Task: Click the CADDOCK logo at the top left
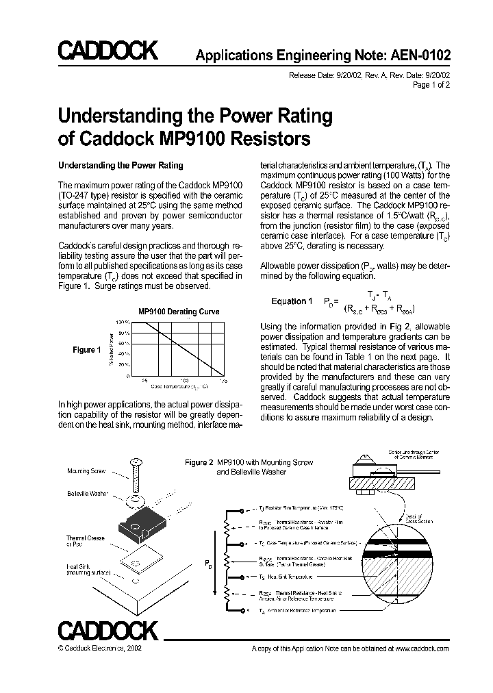pyautogui.click(x=107, y=51)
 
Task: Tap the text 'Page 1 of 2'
pyautogui.click(x=431, y=86)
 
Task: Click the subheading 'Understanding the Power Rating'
pyautogui.click(x=121, y=165)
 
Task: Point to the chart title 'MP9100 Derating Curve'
pyautogui.click(x=179, y=312)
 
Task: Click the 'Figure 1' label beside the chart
pyautogui.click(x=87, y=350)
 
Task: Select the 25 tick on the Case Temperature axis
pyautogui.click(x=144, y=379)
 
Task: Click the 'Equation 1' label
pyautogui.click(x=292, y=301)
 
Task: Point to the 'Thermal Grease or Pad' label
pyautogui.click(x=86, y=542)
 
